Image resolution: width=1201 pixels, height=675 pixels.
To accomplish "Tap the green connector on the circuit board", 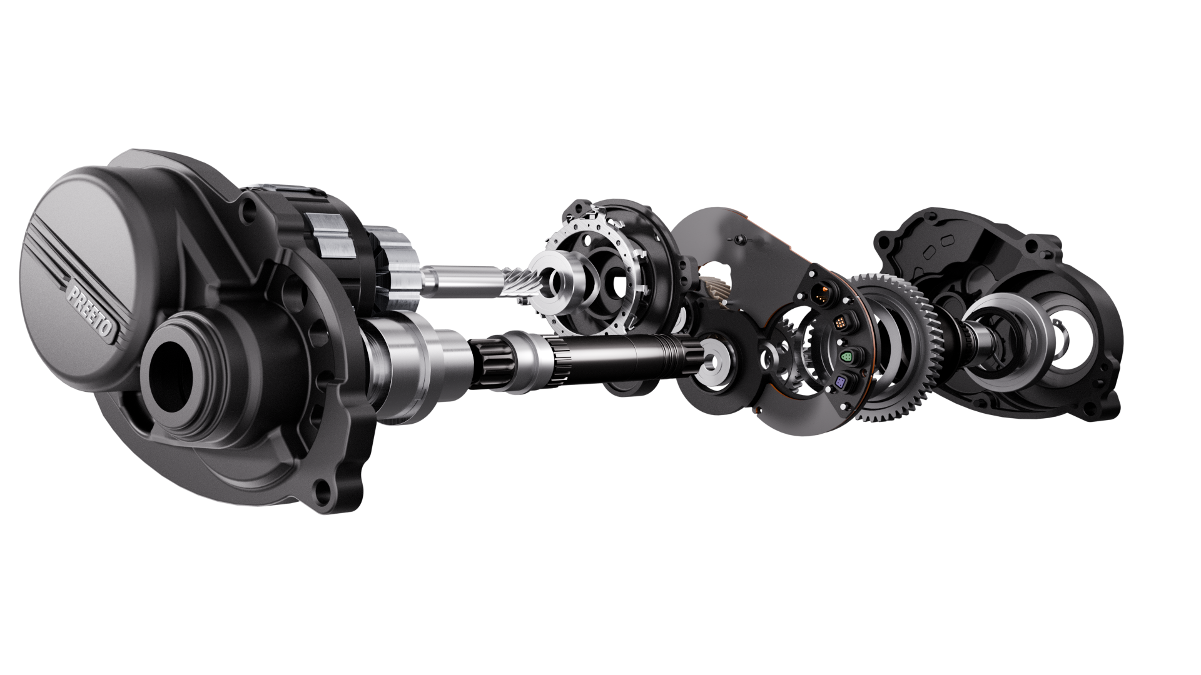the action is tap(846, 357).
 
